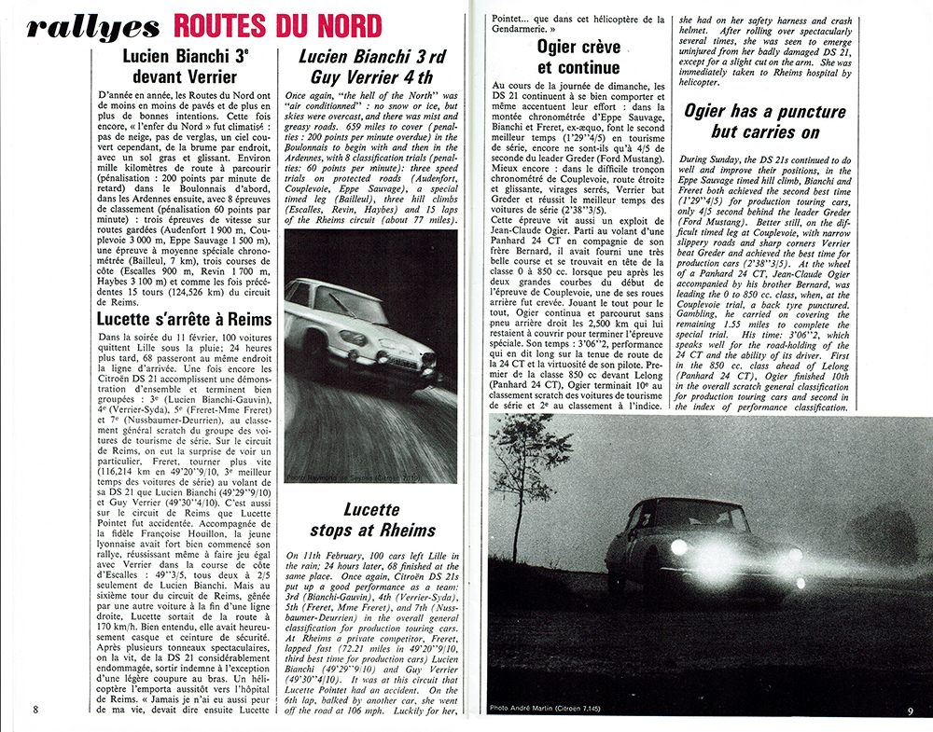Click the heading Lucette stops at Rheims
tap(383, 520)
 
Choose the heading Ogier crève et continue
tap(578, 56)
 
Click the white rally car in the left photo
tap(359, 331)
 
